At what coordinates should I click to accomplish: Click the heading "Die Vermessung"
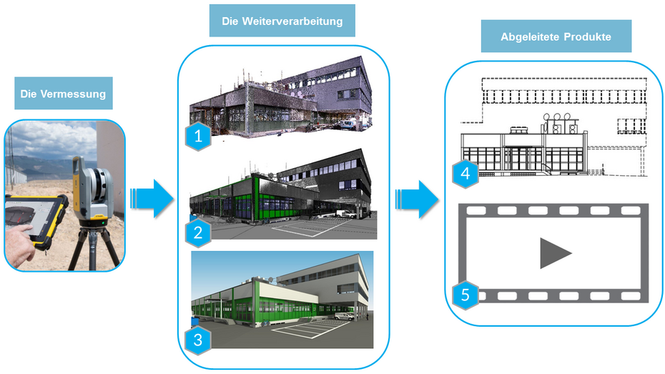63,94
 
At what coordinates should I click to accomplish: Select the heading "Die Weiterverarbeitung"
282,21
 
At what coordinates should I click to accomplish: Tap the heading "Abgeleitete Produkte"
556,37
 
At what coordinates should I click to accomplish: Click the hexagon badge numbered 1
198,137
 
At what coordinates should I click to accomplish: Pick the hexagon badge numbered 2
198,232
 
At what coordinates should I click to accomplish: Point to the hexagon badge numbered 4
465,174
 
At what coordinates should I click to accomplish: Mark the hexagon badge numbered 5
465,295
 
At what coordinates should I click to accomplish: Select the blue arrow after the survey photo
152,199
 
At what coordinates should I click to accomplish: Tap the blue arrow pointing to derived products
418,200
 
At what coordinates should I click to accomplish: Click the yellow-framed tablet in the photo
36,220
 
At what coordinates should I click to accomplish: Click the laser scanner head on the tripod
92,191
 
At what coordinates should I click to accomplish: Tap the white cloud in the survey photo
51,140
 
